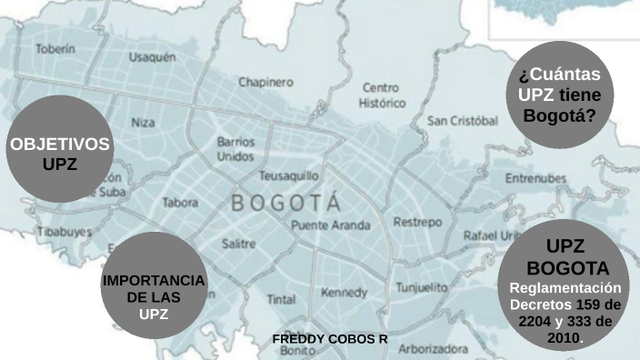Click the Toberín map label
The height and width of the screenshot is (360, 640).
(55, 47)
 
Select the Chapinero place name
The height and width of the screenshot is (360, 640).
(265, 82)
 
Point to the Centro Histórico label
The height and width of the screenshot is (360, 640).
(380, 95)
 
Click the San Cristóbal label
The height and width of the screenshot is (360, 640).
(462, 121)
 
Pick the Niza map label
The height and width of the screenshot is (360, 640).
(143, 122)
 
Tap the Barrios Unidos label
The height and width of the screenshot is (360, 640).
(235, 150)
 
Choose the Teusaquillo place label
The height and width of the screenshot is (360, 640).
(289, 175)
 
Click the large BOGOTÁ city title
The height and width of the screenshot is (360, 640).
(286, 203)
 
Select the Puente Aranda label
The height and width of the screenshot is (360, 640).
(331, 225)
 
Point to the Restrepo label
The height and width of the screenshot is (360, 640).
(417, 222)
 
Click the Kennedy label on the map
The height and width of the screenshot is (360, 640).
(344, 293)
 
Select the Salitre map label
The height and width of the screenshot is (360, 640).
(238, 244)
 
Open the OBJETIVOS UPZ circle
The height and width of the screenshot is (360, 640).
(59, 150)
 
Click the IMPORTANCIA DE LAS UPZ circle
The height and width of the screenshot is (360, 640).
(154, 285)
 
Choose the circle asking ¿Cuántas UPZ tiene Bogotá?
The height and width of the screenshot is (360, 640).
(558, 95)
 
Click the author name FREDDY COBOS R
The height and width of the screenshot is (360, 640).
(330, 338)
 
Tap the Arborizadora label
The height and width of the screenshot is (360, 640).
(434, 347)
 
